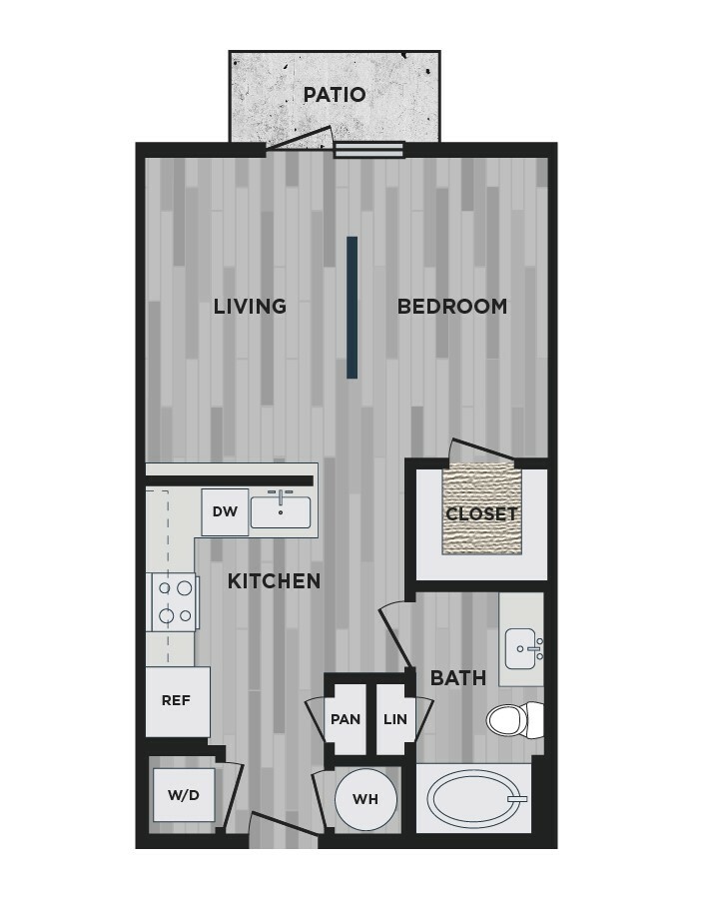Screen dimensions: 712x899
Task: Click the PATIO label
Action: [x=335, y=95]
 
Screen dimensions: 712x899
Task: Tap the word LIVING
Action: [x=250, y=307]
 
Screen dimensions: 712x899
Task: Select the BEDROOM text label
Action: [x=452, y=307]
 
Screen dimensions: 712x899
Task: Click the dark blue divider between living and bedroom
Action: [x=352, y=308]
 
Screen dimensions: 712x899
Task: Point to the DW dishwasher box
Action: [x=225, y=512]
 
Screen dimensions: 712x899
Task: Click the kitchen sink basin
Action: [x=281, y=512]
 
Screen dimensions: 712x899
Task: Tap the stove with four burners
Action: [x=172, y=602]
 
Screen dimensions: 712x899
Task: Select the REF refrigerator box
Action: [x=177, y=701]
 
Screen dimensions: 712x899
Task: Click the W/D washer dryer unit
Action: [x=184, y=795]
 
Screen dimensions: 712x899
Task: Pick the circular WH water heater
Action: [x=365, y=799]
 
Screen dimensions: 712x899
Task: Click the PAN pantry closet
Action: [x=346, y=719]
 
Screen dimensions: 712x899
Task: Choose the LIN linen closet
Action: [x=395, y=719]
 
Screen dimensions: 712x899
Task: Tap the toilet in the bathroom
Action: [x=514, y=720]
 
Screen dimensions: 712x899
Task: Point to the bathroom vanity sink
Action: [x=523, y=649]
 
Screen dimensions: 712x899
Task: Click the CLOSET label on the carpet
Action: [x=481, y=513]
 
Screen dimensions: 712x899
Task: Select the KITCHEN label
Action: [x=274, y=581]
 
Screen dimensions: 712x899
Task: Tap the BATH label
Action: [x=458, y=678]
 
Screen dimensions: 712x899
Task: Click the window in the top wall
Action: [x=368, y=150]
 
